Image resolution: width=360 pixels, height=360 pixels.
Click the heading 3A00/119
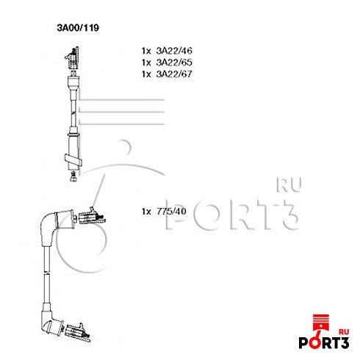(78, 28)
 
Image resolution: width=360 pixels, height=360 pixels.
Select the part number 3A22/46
(174, 51)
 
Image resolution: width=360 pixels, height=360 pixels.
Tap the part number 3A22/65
(174, 62)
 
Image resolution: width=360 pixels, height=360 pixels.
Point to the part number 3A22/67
(174, 74)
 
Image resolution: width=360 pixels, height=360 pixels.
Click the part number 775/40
(171, 211)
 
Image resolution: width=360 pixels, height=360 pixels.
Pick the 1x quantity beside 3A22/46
(146, 51)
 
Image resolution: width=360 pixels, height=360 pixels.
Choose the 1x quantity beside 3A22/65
(146, 62)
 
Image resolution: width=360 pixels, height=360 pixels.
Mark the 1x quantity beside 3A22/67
(146, 74)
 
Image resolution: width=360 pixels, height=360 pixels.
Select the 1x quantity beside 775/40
(146, 212)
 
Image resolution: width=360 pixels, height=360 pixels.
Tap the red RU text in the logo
(344, 332)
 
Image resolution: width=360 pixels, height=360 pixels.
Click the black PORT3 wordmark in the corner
(324, 342)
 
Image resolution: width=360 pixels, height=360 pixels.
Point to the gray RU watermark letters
(289, 185)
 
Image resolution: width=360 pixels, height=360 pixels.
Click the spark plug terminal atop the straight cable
(73, 57)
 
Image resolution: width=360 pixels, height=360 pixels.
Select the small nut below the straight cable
(73, 177)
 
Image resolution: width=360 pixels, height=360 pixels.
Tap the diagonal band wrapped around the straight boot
(73, 159)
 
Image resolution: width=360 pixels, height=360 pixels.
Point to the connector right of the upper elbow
(92, 217)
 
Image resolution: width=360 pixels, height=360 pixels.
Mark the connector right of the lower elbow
(78, 332)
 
